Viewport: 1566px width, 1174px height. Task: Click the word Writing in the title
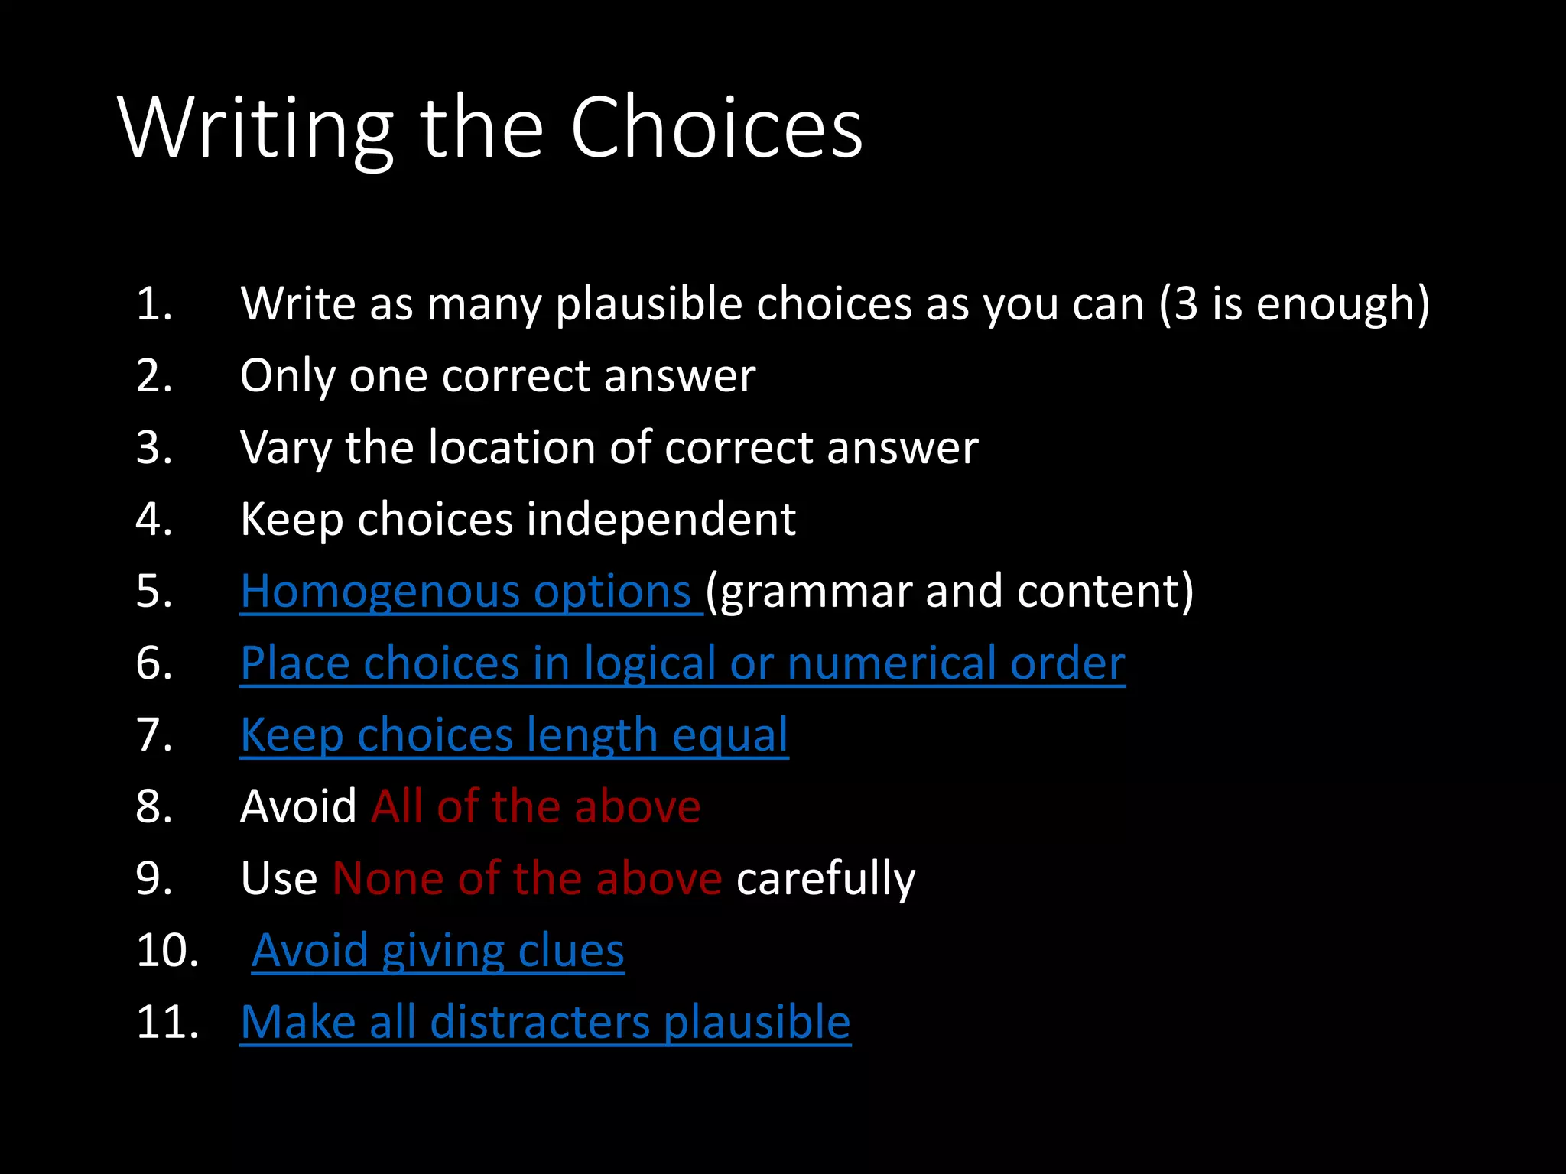(x=255, y=128)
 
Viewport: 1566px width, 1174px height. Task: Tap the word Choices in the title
(x=716, y=128)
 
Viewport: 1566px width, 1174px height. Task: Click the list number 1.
(x=154, y=303)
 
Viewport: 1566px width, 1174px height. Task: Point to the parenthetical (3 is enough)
(x=1294, y=303)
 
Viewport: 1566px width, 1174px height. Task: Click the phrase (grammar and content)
(x=949, y=591)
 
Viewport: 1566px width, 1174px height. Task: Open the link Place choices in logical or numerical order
(x=682, y=663)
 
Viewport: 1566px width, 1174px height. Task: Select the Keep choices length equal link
(x=514, y=735)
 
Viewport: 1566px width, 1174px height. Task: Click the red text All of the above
(x=535, y=806)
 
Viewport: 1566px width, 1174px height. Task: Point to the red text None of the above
(x=527, y=878)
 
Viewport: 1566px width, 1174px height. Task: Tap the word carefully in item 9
(x=825, y=878)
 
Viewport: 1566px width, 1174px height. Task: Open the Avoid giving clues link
(x=438, y=950)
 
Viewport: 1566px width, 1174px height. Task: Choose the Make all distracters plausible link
(x=545, y=1022)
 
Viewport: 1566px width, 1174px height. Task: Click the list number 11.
(x=167, y=1022)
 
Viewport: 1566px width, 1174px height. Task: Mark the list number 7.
(x=154, y=735)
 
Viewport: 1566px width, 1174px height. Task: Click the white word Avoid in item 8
(x=298, y=806)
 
